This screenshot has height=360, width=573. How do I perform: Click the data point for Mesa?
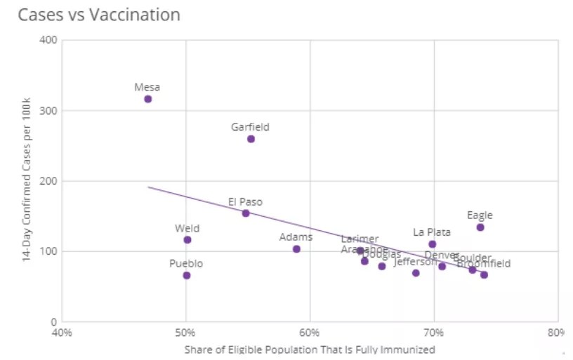tap(148, 99)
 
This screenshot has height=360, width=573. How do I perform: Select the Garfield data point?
tap(251, 139)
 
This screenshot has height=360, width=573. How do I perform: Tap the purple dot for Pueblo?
tap(187, 275)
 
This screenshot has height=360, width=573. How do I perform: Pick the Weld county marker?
tap(187, 240)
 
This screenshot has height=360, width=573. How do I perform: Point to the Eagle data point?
tap(480, 227)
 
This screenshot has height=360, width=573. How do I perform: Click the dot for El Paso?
tap(246, 213)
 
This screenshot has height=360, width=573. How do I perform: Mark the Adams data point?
tap(296, 249)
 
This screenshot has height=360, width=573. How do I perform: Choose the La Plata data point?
tap(433, 244)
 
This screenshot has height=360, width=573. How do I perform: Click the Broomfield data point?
tap(484, 274)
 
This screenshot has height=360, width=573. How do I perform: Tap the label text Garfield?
tap(250, 127)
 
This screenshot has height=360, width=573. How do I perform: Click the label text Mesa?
tap(147, 88)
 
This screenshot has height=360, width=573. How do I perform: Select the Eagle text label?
tap(480, 215)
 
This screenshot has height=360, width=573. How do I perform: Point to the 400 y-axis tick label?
tap(48, 40)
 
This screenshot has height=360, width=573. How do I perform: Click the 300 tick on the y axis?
tap(48, 111)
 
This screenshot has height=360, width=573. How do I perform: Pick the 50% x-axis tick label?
tap(185, 333)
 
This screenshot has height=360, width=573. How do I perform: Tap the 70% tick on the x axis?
tap(434, 333)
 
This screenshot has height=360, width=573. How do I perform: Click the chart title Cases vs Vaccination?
tap(99, 15)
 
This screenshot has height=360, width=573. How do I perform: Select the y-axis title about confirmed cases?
tap(26, 180)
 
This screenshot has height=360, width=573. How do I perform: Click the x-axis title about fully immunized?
tap(310, 349)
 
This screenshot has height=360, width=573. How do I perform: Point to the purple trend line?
tap(197, 198)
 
